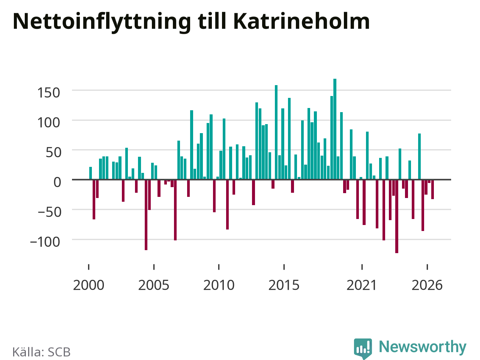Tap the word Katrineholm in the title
(301, 21)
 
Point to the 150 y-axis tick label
(48, 93)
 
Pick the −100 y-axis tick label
(45, 242)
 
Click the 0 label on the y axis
(57, 182)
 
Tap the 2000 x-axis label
(88, 285)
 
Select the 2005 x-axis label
(154, 285)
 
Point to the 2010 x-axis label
(219, 285)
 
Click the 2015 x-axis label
(284, 285)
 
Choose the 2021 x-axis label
(362, 285)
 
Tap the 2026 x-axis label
(427, 285)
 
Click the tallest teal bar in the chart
(335, 129)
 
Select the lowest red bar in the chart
(397, 216)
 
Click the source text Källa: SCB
(41, 352)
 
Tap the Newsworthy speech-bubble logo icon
(363, 348)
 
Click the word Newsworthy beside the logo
(423, 347)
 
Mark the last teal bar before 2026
(419, 156)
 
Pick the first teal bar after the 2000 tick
(90, 173)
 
